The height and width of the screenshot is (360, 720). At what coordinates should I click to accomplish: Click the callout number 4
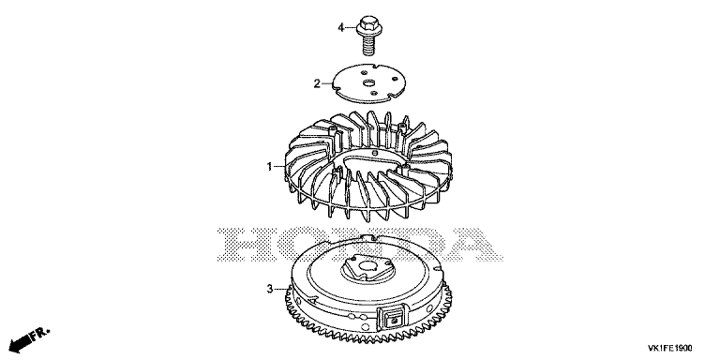[340, 28]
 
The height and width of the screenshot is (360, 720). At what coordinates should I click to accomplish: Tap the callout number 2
[317, 83]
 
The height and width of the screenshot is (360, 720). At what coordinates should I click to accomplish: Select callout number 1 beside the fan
[270, 167]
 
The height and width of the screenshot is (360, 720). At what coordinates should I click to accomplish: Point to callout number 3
[270, 289]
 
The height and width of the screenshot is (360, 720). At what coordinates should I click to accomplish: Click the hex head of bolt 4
[367, 22]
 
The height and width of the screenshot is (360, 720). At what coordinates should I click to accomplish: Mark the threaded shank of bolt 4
[367, 45]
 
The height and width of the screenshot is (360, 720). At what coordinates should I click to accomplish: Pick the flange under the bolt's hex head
[367, 30]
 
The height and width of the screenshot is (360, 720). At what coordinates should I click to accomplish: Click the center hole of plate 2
[368, 82]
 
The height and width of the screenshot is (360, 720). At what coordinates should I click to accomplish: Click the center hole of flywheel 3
[367, 266]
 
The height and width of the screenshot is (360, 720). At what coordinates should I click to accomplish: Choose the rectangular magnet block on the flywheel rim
[392, 317]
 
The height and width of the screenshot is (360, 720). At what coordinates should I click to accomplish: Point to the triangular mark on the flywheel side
[313, 299]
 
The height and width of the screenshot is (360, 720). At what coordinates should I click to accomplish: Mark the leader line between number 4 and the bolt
[351, 28]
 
